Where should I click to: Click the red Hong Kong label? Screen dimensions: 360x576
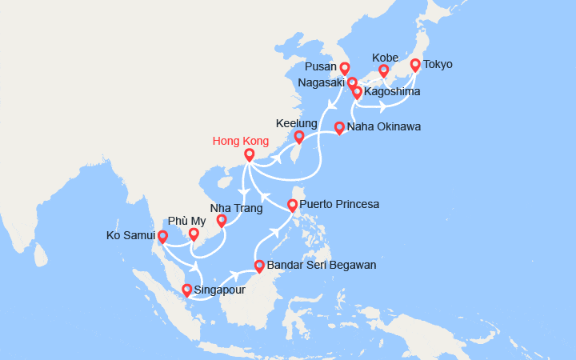click(240, 142)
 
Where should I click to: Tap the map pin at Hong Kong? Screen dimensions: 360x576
click(249, 154)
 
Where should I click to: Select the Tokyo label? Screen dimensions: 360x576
click(438, 65)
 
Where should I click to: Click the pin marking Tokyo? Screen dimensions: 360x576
click(415, 66)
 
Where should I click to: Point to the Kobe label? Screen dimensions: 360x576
click(385, 58)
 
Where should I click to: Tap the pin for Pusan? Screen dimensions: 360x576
click(345, 69)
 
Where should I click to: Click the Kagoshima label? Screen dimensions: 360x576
click(392, 93)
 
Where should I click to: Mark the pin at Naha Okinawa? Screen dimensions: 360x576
click(339, 127)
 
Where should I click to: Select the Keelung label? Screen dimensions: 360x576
click(296, 124)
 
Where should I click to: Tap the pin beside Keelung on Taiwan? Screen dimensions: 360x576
click(299, 137)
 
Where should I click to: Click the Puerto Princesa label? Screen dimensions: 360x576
click(344, 205)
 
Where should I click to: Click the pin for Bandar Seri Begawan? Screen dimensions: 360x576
click(259, 266)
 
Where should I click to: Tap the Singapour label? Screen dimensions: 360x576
click(220, 290)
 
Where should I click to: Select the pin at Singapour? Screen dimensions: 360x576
click(187, 290)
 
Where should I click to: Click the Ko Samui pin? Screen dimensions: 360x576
click(162, 236)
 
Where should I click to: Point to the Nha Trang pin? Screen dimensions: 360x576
click(222, 221)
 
